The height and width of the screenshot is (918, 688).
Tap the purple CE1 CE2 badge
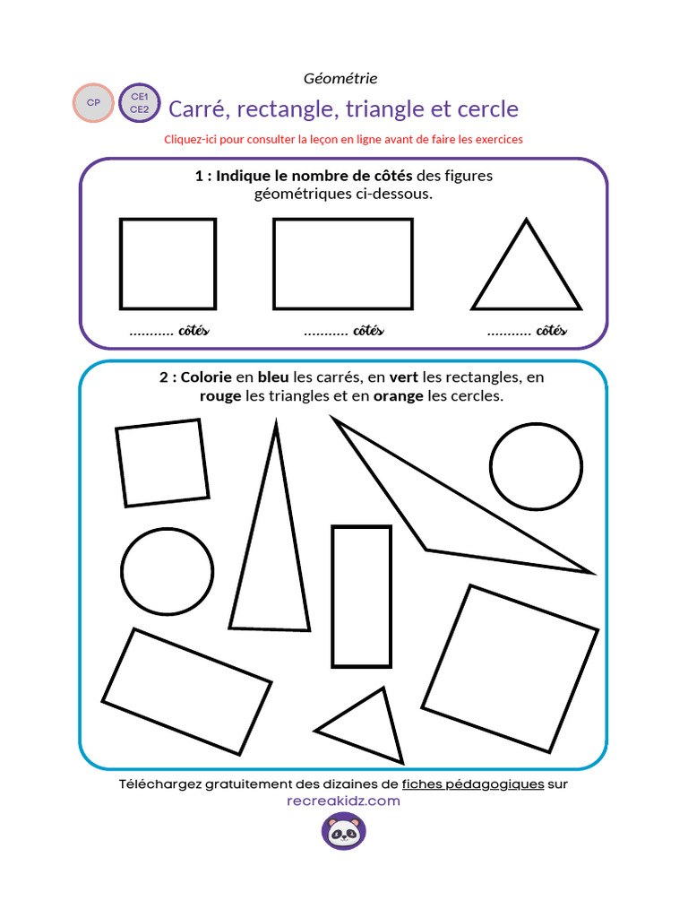coord(139,103)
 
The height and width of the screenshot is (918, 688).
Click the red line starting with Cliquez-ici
coord(343,140)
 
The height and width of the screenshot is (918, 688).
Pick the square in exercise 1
coord(168,264)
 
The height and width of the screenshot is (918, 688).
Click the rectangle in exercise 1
coord(342,264)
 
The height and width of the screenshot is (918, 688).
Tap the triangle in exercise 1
coord(527,273)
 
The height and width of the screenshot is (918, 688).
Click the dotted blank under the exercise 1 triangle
coord(509,332)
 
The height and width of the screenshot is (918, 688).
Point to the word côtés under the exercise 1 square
coord(193,331)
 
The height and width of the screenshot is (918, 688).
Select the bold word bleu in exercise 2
coord(273,377)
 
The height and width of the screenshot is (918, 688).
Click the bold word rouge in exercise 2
coord(220,396)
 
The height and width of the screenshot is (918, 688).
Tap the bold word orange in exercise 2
coord(398,396)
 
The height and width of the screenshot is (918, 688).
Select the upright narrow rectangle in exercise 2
coord(361,596)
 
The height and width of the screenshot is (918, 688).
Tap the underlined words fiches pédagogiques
coord(473,784)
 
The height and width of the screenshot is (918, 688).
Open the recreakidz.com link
coord(343,801)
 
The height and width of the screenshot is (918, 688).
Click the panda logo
coord(344,833)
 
